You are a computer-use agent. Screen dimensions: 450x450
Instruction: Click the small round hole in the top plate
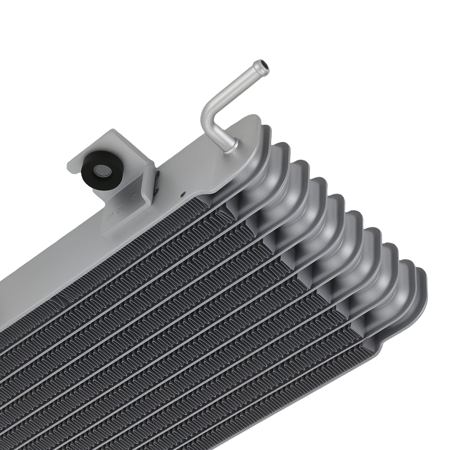[183, 193]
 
